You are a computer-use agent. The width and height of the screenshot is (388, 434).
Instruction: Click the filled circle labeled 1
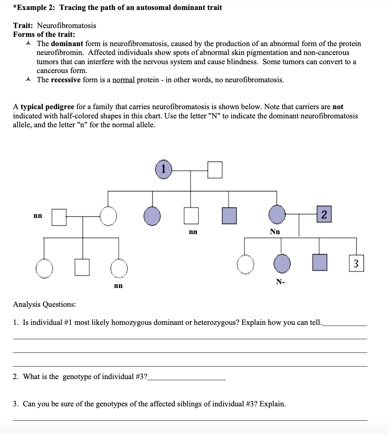pyautogui.click(x=164, y=170)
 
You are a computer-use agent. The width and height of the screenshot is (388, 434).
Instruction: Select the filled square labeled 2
pyautogui.click(x=324, y=215)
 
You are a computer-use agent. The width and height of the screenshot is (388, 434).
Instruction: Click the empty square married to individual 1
pyautogui.click(x=215, y=170)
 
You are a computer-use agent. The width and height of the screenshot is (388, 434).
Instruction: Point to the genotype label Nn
pyautogui.click(x=275, y=232)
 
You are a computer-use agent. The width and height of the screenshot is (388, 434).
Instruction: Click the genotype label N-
pyautogui.click(x=280, y=282)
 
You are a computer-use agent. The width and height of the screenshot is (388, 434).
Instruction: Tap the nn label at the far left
pyautogui.click(x=38, y=215)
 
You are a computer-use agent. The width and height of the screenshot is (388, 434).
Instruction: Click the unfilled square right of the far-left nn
pyautogui.click(x=59, y=217)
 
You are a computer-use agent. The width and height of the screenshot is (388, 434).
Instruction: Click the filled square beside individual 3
pyautogui.click(x=320, y=263)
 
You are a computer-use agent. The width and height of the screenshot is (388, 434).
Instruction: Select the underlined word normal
pyautogui.click(x=124, y=80)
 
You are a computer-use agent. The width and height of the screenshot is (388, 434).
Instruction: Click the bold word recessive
pyautogui.click(x=66, y=80)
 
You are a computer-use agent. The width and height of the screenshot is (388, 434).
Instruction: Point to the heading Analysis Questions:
pyautogui.click(x=45, y=304)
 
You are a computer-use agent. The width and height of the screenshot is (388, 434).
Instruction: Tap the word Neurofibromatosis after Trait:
pyautogui.click(x=66, y=25)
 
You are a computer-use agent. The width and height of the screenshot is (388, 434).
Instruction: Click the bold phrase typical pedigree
pyautogui.click(x=47, y=107)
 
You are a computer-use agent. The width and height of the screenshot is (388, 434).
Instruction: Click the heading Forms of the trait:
pyautogui.click(x=44, y=34)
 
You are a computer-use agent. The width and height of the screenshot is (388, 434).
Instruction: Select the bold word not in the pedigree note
pyautogui.click(x=338, y=107)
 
